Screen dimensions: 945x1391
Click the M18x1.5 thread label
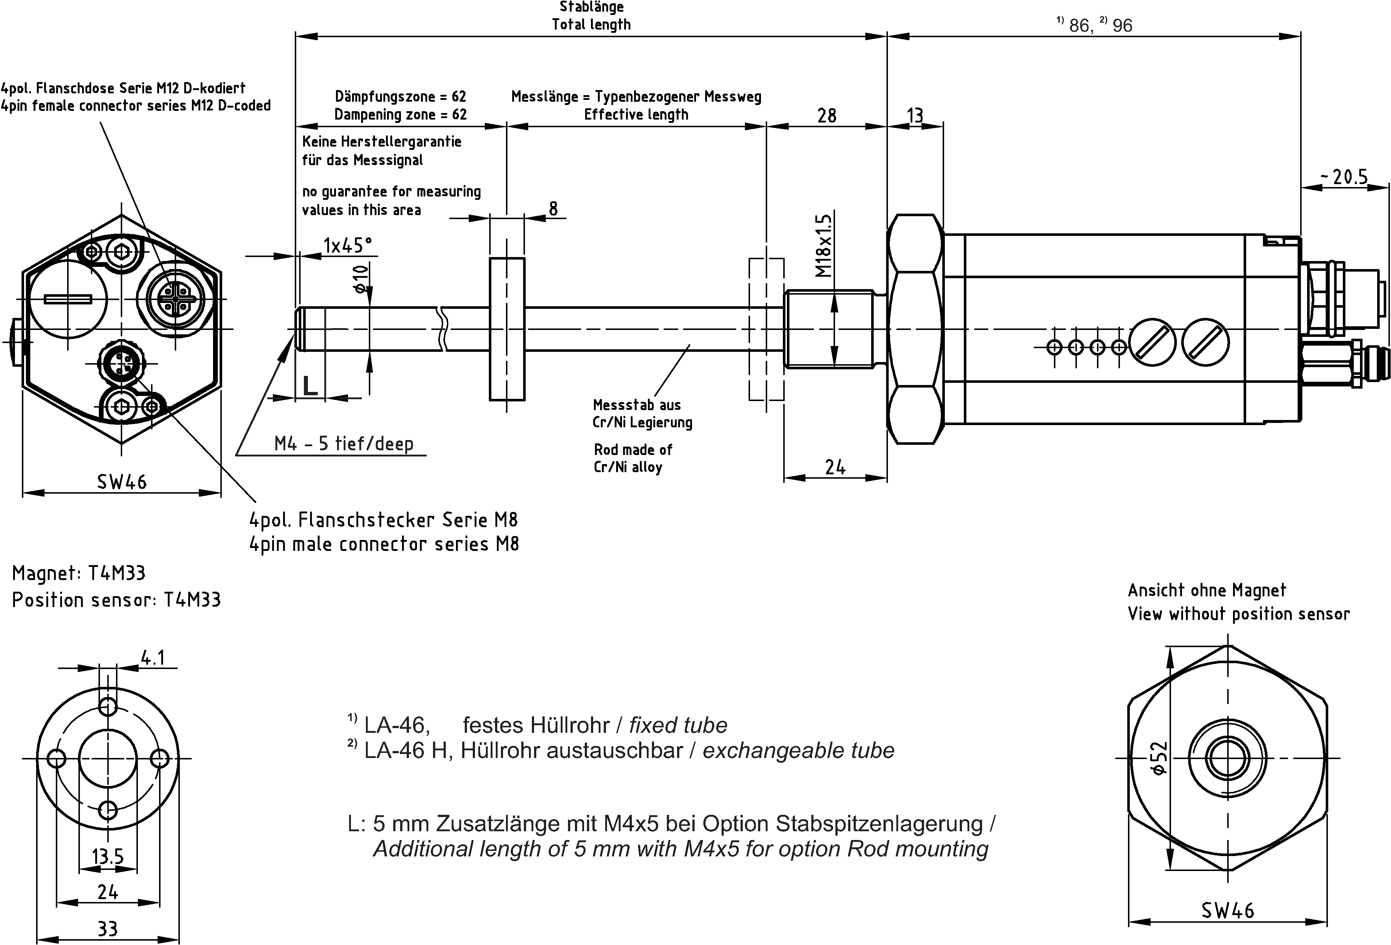824,246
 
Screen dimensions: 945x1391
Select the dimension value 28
827,116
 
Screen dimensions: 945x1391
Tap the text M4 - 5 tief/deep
344,444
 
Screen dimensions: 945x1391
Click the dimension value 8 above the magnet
553,209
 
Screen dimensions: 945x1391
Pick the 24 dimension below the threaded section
835,467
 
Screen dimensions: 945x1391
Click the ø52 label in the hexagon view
1159,758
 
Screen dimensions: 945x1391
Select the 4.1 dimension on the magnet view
152,658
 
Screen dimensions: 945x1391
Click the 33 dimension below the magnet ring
108,929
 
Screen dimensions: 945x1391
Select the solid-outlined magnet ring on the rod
507,329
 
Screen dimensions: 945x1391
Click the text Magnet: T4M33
78,573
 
